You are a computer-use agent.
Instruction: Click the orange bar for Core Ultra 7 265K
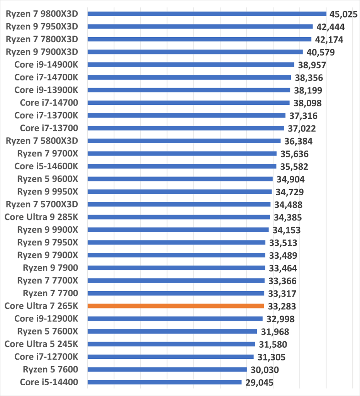(176, 306)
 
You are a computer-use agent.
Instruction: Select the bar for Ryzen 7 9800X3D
(207, 14)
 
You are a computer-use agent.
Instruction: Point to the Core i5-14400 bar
(165, 382)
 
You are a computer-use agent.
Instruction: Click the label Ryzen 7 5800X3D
(42, 141)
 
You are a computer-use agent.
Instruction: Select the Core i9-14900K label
(46, 64)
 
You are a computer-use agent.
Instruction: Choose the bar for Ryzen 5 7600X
(172, 331)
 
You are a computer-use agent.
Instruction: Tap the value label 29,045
(258, 383)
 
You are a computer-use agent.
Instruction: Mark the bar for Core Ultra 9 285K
(179, 217)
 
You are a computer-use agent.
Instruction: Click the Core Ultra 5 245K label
(41, 344)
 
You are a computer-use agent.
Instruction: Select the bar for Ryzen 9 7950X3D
(200, 27)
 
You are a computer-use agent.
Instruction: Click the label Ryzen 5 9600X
(48, 179)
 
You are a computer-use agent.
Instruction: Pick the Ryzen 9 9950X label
(48, 191)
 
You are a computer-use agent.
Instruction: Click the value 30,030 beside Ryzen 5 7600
(264, 370)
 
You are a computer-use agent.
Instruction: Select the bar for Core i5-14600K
(182, 166)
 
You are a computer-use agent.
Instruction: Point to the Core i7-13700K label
(46, 115)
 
